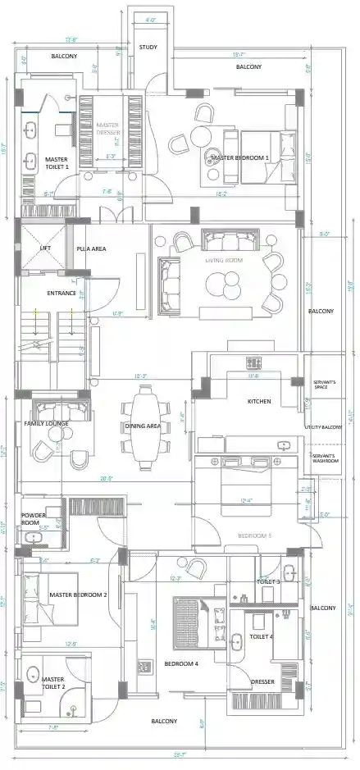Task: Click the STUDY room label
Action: pos(148,48)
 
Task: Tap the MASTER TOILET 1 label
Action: pos(57,162)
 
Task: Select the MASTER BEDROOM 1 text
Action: pos(239,157)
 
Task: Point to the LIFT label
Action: pos(45,248)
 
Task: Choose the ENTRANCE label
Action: pos(62,293)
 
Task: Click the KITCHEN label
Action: pos(259,401)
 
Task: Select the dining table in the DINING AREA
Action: pos(148,426)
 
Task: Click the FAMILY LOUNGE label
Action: pos(46,423)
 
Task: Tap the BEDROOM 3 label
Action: pos(254,535)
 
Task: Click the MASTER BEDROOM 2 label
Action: pos(78,595)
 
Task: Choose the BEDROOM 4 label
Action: pos(180,663)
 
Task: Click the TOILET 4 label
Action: pos(261,636)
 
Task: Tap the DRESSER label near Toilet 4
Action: pos(262,681)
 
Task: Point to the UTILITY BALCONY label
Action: pos(323,427)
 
